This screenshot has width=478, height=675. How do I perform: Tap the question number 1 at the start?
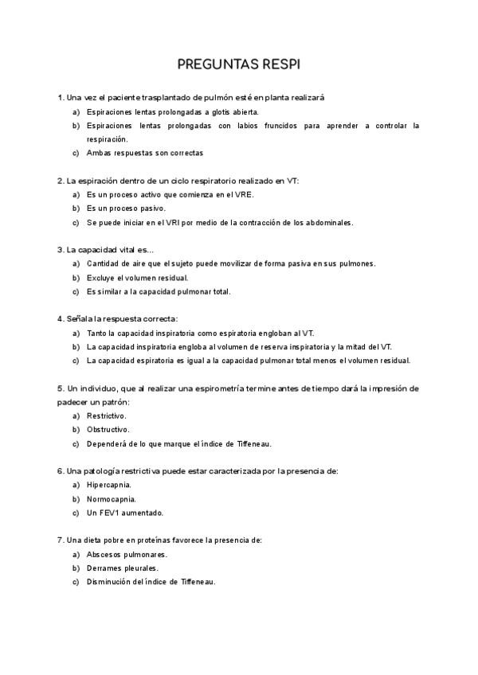60,97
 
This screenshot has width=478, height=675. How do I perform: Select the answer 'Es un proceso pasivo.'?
126,209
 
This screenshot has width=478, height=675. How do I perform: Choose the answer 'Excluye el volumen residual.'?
137,278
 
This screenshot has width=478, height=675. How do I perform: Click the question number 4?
60,319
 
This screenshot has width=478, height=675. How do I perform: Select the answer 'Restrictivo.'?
107,416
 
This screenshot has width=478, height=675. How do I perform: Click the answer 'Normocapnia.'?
111,499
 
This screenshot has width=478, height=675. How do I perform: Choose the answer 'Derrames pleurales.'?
122,568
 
